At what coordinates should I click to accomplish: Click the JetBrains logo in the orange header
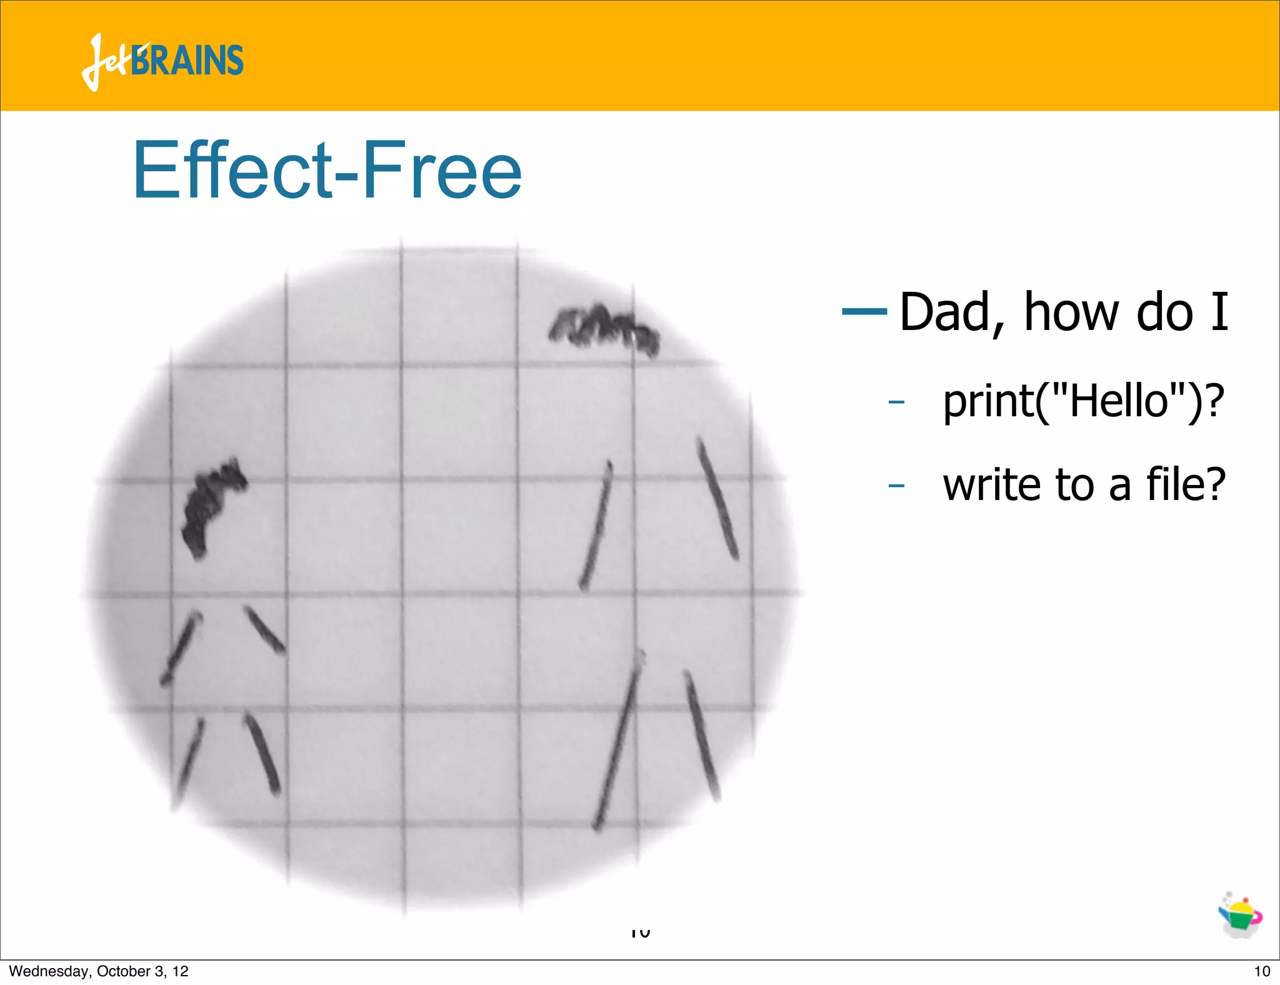(x=162, y=61)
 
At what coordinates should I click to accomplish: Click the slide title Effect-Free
(x=327, y=170)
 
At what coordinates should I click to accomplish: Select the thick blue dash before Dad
(x=864, y=311)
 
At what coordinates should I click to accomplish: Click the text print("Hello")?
(x=1083, y=401)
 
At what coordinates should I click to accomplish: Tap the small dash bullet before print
(x=896, y=401)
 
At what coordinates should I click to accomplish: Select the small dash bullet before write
(x=896, y=485)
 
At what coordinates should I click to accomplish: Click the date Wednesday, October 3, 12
(x=99, y=971)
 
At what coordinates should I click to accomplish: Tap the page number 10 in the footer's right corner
(x=1262, y=971)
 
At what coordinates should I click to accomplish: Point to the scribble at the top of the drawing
(x=603, y=326)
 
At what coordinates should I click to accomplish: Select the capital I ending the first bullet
(x=1219, y=312)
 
